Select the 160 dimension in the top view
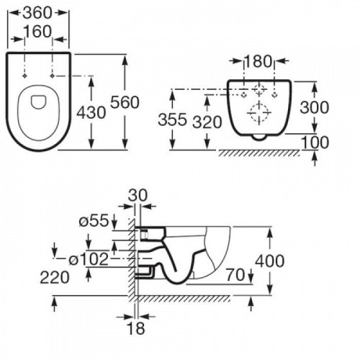40,31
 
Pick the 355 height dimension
173,120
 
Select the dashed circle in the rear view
258,112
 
